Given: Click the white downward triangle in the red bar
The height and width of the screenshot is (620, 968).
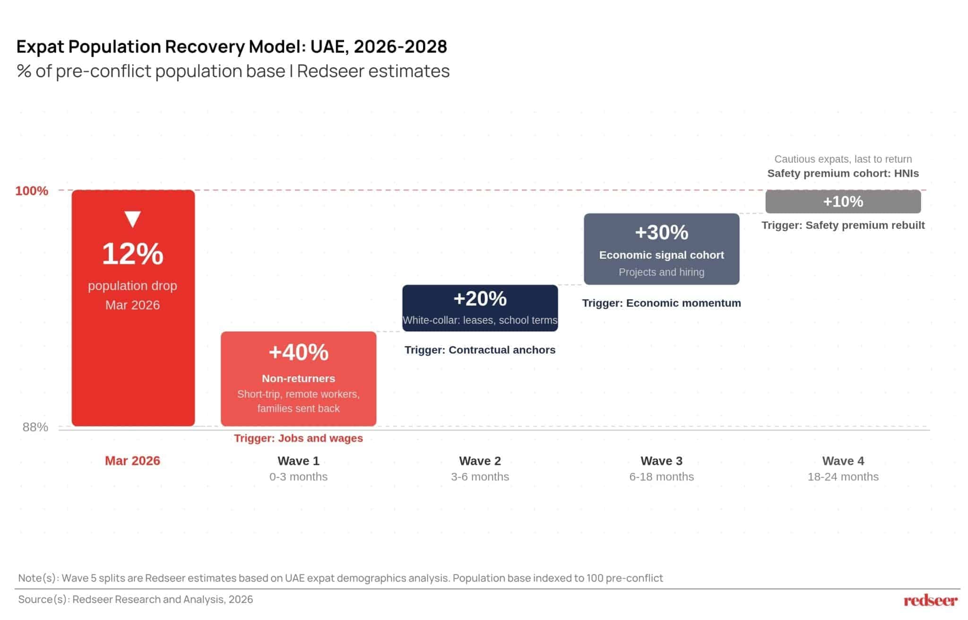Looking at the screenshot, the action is (132, 219).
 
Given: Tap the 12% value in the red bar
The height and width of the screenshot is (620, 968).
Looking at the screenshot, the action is (133, 254).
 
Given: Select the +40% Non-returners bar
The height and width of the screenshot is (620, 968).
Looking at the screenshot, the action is (299, 379).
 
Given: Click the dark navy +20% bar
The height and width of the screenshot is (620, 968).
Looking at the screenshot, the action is (480, 308).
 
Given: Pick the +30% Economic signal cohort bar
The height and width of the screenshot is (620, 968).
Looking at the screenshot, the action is (662, 249).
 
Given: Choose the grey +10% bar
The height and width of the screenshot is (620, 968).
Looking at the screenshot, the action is (843, 201).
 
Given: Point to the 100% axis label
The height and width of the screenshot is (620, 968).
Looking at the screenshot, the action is (32, 191).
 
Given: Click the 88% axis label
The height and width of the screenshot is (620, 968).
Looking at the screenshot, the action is (35, 427).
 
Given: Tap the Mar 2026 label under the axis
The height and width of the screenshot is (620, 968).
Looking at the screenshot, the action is (132, 461).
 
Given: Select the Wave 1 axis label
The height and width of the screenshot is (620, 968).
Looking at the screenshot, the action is (299, 461).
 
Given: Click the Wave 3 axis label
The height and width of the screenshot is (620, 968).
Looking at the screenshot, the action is (662, 461).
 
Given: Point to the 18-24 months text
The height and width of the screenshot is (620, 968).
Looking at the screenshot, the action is (843, 477).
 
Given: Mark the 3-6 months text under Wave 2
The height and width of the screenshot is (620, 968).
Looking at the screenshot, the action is (480, 477).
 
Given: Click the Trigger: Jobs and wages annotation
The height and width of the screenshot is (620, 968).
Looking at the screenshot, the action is (299, 438).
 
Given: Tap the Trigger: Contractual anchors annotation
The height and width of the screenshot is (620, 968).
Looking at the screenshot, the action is (480, 350).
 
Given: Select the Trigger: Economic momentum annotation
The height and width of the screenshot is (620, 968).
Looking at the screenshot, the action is (662, 303).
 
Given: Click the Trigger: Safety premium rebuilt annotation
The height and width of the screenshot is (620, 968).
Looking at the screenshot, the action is (843, 225).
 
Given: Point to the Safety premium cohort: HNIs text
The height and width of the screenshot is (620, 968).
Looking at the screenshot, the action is (843, 174).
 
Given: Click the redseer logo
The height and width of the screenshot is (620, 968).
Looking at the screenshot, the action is (931, 601).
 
